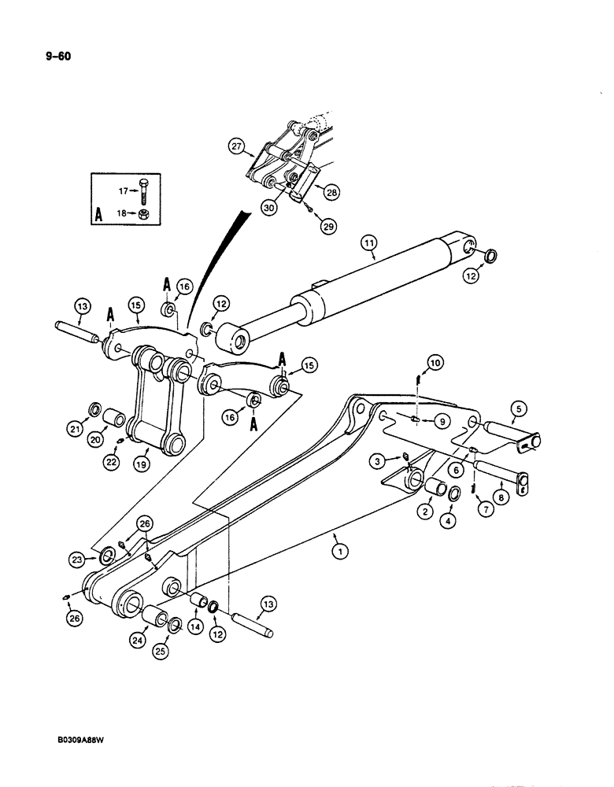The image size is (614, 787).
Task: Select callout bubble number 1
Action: point(339,552)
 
